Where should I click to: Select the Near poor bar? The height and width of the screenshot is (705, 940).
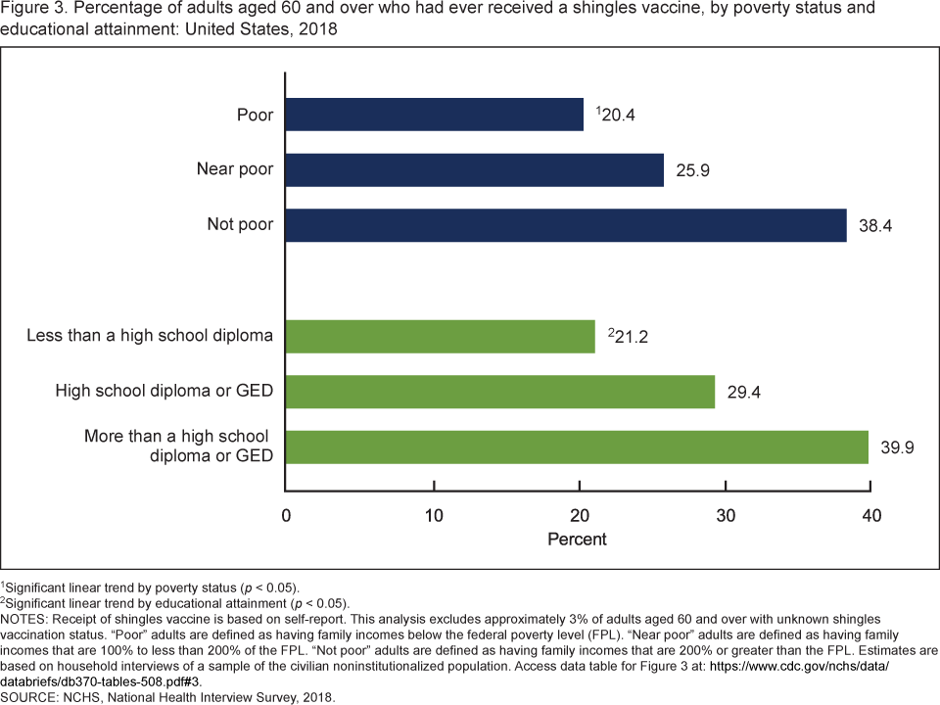point(474,170)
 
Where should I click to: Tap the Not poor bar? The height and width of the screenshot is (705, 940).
point(565,225)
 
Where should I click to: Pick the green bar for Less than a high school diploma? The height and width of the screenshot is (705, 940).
point(440,337)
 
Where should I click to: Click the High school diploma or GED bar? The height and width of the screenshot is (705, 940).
point(499,393)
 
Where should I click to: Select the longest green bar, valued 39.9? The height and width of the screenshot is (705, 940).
point(577,447)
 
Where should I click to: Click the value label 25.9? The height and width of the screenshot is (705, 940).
point(692,171)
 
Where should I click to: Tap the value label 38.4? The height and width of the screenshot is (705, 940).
point(875,226)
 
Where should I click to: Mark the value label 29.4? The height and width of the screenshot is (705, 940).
point(743,394)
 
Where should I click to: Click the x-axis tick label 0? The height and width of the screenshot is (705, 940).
point(286,516)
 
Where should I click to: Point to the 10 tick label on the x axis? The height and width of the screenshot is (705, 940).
point(433,516)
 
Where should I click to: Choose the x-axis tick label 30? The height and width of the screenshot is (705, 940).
point(725,516)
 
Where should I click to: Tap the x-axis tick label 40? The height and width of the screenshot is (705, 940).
point(870,516)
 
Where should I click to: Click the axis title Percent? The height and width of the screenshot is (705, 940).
point(577,540)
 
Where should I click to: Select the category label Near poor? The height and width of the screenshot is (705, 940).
point(234,170)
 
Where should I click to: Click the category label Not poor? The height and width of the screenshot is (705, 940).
point(240,225)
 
